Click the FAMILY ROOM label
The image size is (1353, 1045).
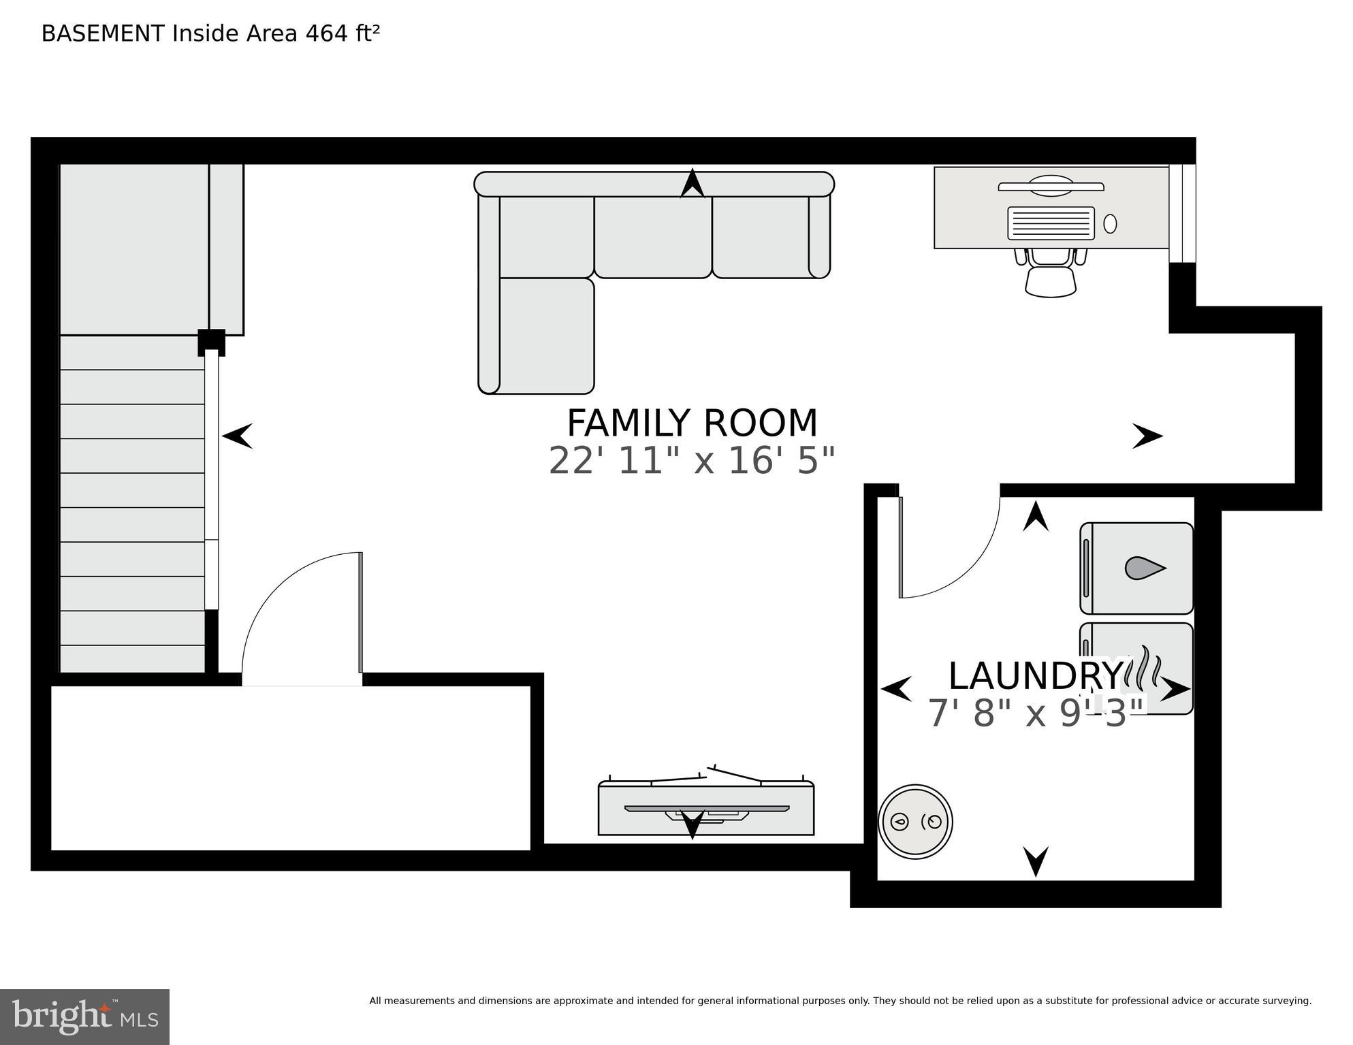(692, 423)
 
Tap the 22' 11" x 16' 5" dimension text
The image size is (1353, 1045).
(692, 461)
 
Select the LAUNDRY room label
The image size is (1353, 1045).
(1034, 676)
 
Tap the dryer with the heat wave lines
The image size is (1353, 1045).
(1136, 668)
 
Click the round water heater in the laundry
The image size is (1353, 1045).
(915, 821)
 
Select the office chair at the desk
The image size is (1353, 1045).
(1051, 275)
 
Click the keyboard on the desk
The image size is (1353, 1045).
(1051, 223)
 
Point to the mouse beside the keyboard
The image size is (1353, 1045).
(1110, 223)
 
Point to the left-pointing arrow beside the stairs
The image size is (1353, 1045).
(238, 436)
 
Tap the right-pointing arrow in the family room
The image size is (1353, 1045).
(1147, 436)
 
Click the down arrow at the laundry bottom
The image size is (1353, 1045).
(1036, 861)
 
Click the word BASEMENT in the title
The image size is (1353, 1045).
(103, 33)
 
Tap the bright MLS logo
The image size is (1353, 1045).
(84, 1016)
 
